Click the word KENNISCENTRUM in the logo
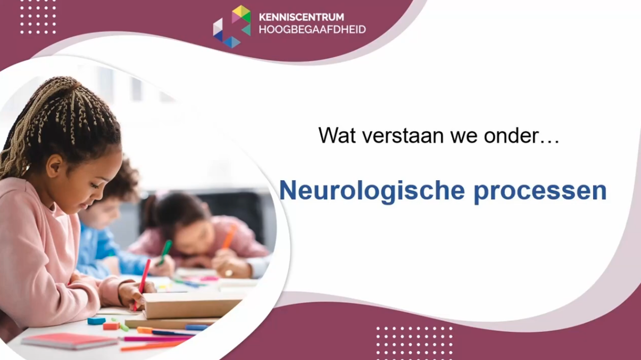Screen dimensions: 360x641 point(301,17)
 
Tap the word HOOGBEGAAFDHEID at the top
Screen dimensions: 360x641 point(312,30)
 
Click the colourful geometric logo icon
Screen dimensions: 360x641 point(232,27)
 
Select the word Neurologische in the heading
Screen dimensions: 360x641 point(372,190)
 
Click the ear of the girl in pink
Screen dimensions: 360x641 point(55,165)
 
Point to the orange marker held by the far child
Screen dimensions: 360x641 point(230,236)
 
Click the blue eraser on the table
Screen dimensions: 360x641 point(96,321)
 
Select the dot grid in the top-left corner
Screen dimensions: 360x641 point(38,17)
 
